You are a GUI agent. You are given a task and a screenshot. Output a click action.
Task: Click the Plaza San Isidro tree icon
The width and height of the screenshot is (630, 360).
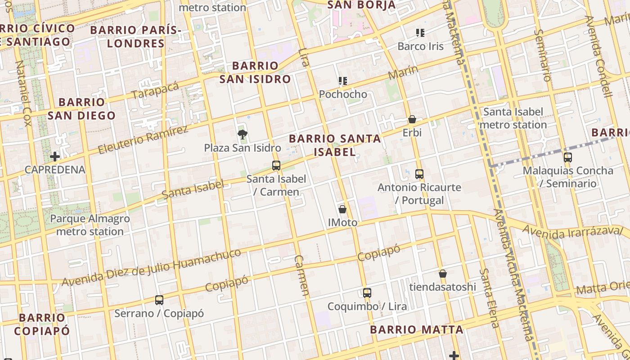tap(242, 134)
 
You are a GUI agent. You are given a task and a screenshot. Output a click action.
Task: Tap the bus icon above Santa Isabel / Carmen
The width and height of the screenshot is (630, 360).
tap(276, 165)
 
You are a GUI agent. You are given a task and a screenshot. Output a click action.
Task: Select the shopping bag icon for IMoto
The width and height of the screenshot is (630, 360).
tap(342, 209)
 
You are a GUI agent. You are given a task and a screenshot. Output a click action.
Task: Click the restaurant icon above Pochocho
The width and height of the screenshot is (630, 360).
tap(343, 81)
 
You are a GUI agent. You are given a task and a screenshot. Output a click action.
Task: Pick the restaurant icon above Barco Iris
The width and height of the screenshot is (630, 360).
tap(420, 32)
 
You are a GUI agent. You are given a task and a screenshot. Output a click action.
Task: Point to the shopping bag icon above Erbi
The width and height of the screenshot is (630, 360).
tap(412, 119)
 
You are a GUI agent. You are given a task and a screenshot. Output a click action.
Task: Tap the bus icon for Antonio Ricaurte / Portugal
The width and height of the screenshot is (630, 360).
tap(419, 174)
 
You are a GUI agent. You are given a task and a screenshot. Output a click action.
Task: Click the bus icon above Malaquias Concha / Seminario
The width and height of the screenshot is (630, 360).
tap(568, 157)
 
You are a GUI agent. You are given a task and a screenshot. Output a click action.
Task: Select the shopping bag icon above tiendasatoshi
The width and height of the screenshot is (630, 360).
tap(443, 274)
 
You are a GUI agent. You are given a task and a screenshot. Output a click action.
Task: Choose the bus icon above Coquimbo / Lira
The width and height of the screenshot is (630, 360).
tap(367, 293)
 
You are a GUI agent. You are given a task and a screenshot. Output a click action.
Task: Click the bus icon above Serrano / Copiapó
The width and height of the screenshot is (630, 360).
tap(159, 300)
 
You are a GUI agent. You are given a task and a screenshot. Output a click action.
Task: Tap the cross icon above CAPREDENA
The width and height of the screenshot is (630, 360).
tap(55, 157)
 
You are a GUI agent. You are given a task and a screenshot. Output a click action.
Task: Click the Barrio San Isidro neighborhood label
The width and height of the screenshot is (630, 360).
tap(255, 72)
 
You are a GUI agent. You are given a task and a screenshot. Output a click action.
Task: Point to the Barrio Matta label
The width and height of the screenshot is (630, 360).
tap(416, 329)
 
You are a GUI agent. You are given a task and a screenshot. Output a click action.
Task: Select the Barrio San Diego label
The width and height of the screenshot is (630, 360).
tap(81, 109)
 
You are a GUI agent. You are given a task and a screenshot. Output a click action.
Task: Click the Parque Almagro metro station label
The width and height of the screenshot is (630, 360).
tap(90, 225)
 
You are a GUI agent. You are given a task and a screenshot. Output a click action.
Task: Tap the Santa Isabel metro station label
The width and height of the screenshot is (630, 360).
tap(513, 118)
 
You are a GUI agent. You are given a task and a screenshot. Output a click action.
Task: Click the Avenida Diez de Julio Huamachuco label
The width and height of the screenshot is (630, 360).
tap(151, 268)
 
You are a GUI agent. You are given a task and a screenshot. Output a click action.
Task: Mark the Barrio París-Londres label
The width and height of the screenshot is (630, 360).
tap(136, 37)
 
